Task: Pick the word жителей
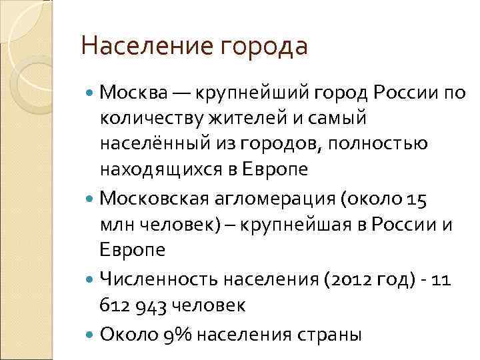(247, 118)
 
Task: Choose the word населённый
(150, 144)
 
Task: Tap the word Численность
(154, 279)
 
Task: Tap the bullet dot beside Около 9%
(91, 333)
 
